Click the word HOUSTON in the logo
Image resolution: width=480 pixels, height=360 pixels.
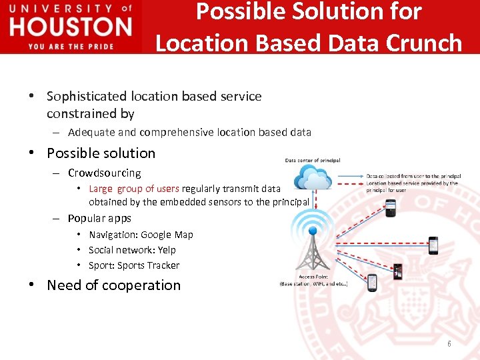[x=71, y=27]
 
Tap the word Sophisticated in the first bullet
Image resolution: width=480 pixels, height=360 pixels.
[x=88, y=96]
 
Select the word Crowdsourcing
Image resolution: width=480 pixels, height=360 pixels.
[x=105, y=173]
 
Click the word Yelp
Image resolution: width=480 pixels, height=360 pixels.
[x=167, y=250]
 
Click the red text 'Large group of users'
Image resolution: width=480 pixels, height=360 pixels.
[x=134, y=189]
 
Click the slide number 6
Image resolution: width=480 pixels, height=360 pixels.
[x=449, y=344]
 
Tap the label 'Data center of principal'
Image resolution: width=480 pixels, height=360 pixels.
[x=313, y=161]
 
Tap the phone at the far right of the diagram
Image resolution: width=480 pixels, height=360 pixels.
[x=433, y=245]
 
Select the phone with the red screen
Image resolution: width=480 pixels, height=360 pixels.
[x=398, y=271]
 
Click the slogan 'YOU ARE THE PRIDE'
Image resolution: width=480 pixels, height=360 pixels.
[x=71, y=46]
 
